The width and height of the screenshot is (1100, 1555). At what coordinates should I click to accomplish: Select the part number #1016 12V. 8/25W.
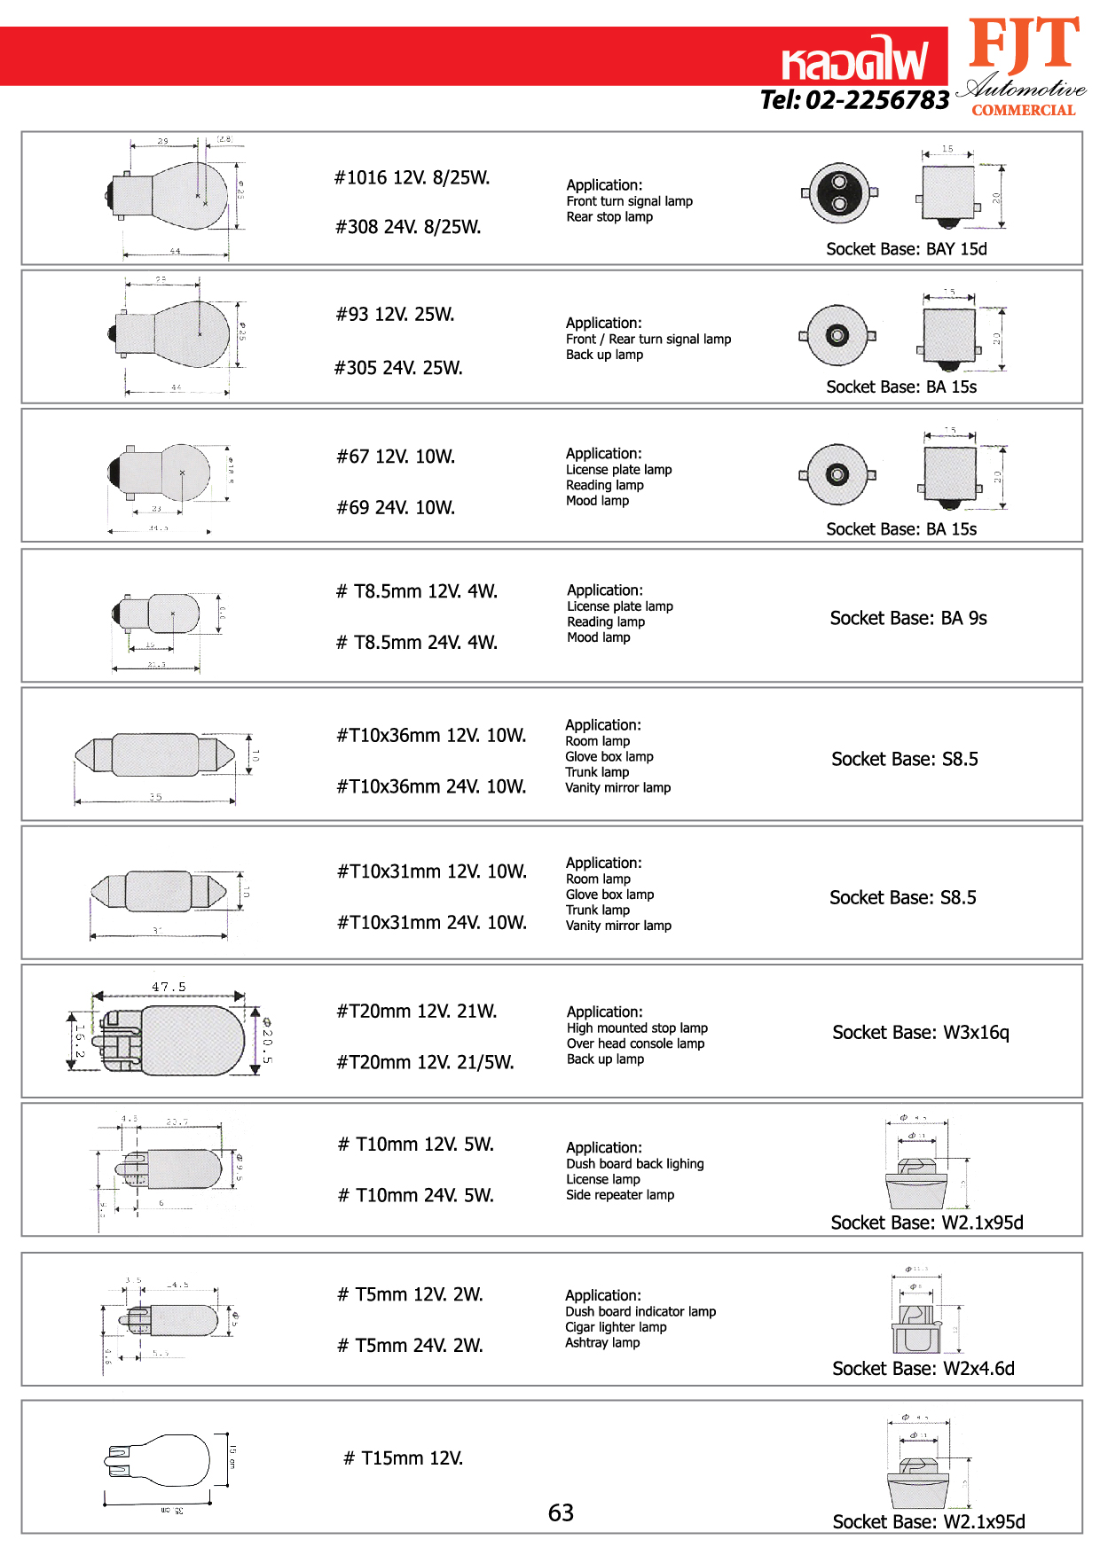412,177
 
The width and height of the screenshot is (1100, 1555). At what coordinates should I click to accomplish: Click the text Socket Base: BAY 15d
906,249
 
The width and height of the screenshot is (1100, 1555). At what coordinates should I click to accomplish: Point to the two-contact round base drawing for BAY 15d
839,193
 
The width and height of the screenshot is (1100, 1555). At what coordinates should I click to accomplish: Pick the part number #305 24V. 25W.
398,368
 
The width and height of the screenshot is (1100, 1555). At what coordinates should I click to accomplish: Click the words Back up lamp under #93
604,355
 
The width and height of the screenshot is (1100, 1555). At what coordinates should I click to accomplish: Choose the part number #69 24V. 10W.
396,507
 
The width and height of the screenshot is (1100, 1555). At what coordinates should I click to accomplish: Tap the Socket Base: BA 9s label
907,618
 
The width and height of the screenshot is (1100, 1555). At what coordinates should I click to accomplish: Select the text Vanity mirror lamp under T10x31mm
618,926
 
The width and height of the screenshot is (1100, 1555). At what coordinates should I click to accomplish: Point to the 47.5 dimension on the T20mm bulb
169,987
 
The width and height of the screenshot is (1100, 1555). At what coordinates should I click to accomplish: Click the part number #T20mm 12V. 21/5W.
425,1062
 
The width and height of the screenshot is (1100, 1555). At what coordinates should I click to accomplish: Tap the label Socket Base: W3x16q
920,1032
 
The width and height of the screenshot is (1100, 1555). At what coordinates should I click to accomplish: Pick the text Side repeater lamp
620,1195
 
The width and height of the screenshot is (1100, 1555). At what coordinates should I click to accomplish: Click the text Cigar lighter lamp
616,1327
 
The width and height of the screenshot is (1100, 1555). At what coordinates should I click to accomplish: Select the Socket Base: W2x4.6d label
923,1368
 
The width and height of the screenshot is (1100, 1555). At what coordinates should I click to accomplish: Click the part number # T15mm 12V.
404,1458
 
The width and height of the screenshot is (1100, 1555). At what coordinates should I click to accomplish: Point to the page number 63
561,1512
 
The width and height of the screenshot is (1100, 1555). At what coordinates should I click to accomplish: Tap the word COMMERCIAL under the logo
1023,110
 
